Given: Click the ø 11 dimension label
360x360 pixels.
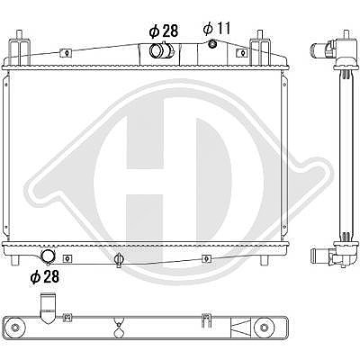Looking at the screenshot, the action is click(217, 29).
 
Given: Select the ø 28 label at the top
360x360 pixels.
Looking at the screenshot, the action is click(164, 31).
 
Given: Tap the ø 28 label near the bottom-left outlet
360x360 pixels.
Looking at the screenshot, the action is click(45, 276).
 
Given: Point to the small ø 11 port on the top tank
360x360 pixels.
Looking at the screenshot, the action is click(212, 44).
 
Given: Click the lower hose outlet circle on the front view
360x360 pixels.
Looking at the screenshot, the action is click(49, 256).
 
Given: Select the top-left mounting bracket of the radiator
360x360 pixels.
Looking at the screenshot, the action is click(21, 48).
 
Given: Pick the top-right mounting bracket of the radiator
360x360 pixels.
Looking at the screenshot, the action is click(260, 48).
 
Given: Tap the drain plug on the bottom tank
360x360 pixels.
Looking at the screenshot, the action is click(119, 260).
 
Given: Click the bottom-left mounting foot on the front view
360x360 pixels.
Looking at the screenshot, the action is click(15, 260).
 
